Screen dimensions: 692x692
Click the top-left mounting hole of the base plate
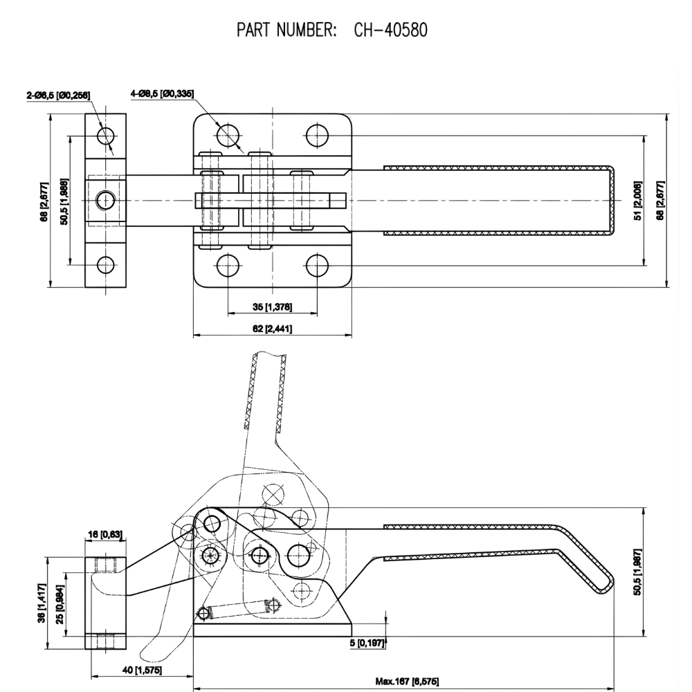pos(228,134)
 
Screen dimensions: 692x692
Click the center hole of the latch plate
pos(105,201)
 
